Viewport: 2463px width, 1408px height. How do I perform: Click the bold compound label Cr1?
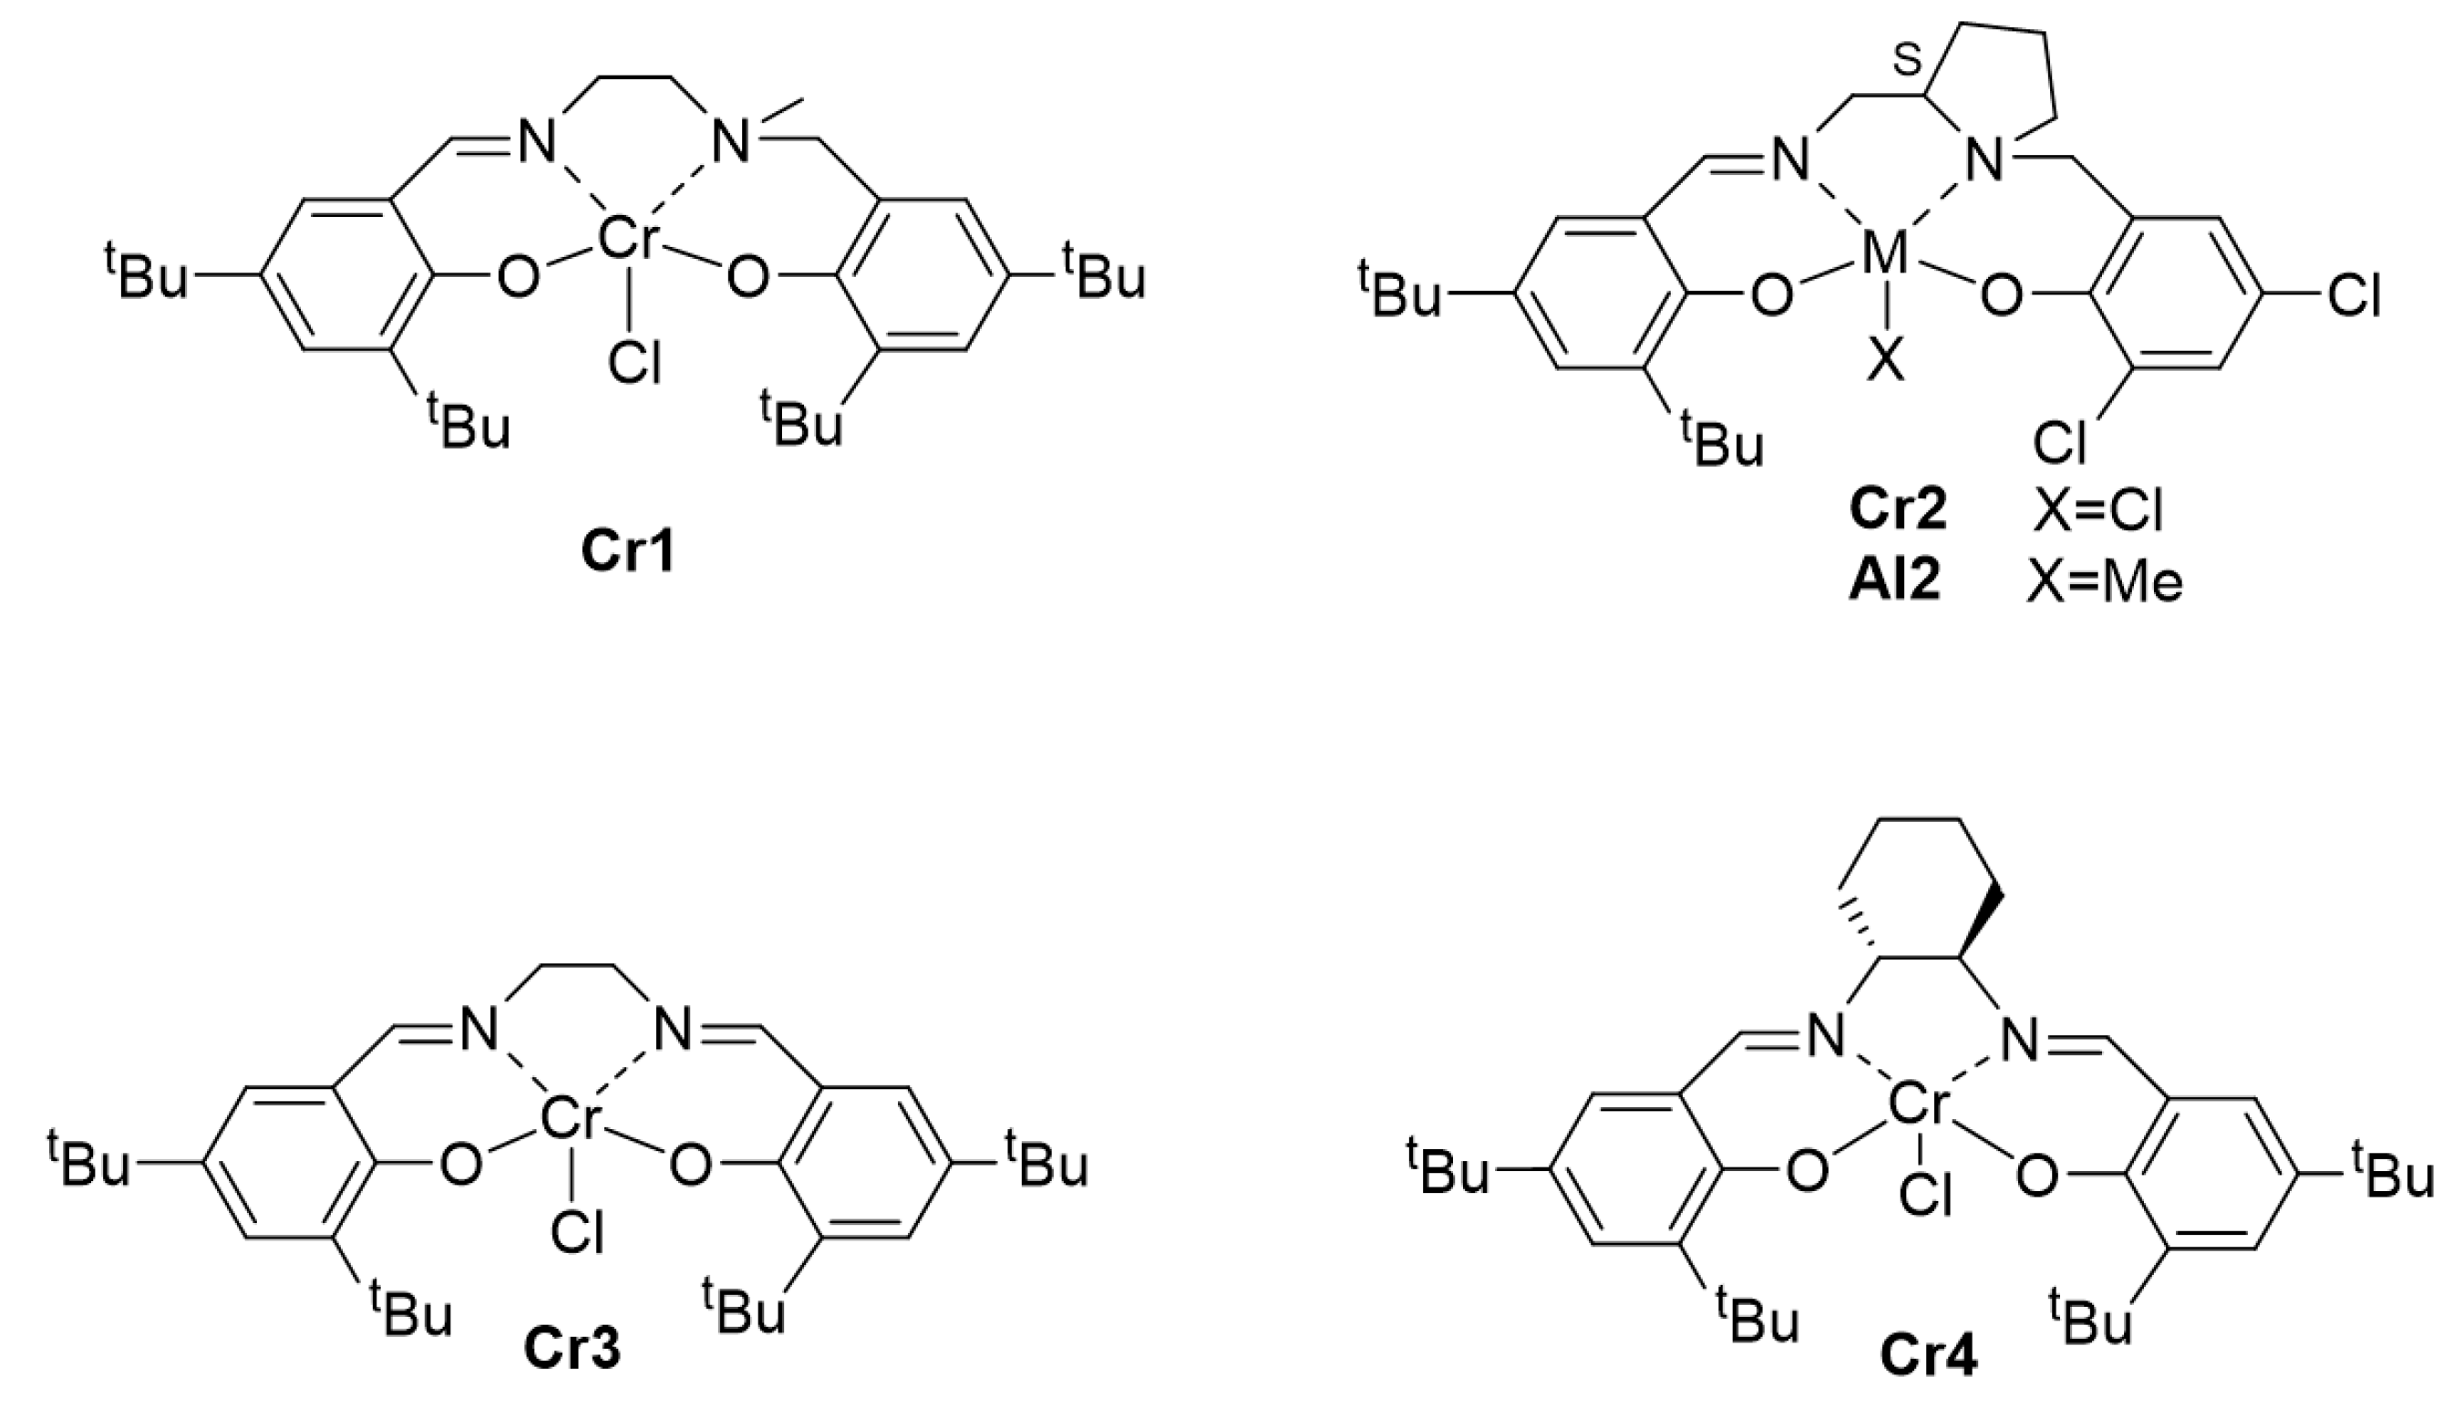[626, 553]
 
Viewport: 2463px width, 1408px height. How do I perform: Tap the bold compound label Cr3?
[572, 1350]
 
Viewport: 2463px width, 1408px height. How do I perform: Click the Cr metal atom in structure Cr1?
[629, 239]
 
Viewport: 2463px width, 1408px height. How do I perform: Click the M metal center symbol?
[1885, 255]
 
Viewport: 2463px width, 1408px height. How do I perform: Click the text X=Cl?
[2097, 510]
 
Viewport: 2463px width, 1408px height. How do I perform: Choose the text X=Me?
[2104, 582]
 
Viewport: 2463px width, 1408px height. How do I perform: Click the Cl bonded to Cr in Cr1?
[634, 363]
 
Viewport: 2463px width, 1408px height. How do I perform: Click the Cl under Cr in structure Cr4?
[1925, 1197]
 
